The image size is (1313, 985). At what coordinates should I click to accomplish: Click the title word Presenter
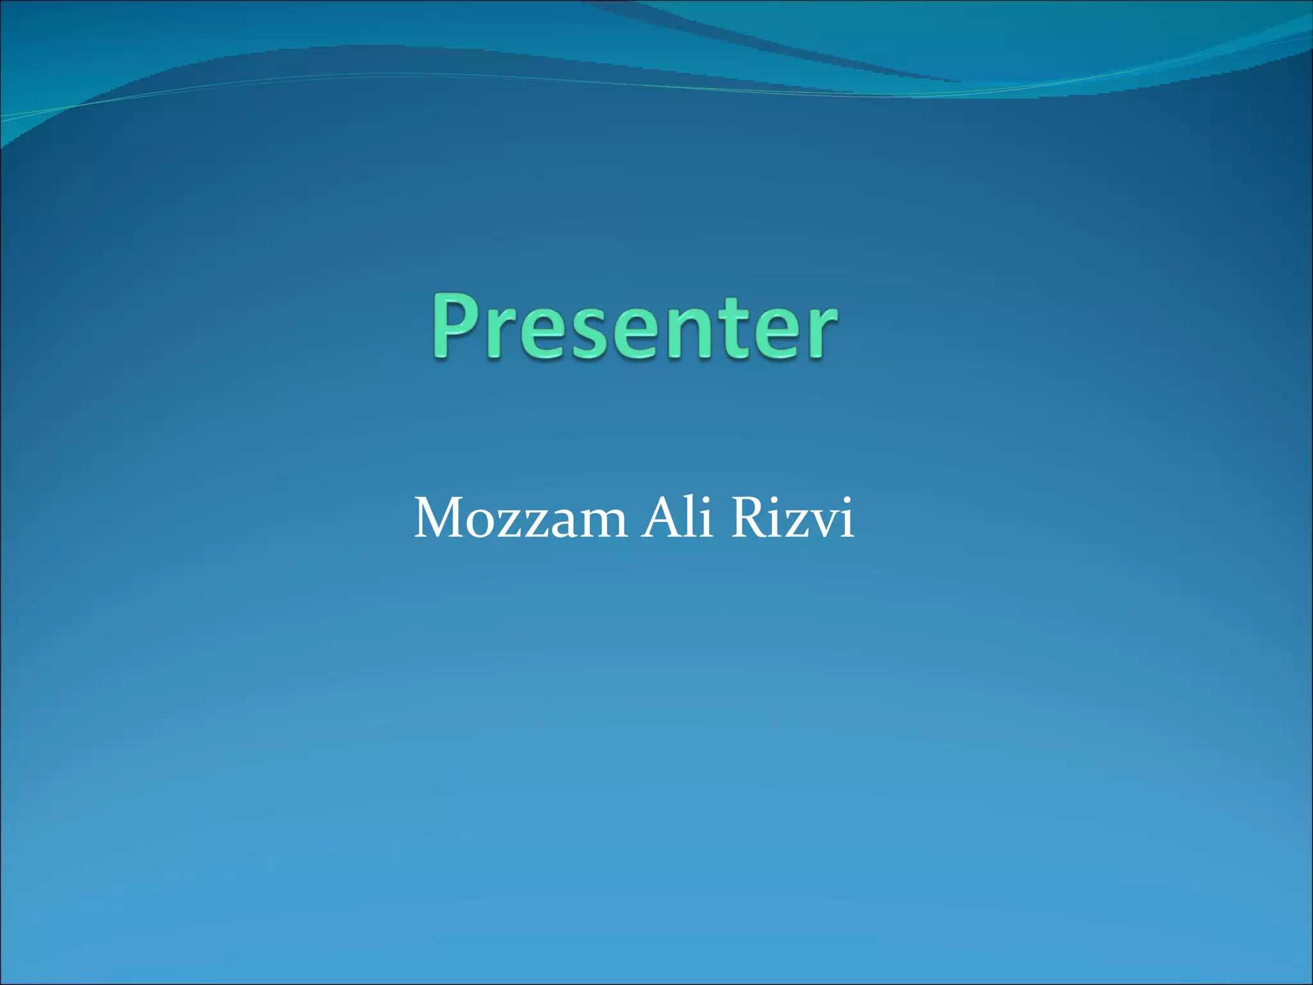pyautogui.click(x=633, y=325)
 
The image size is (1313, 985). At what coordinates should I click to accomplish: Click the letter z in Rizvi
pyautogui.click(x=798, y=524)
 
